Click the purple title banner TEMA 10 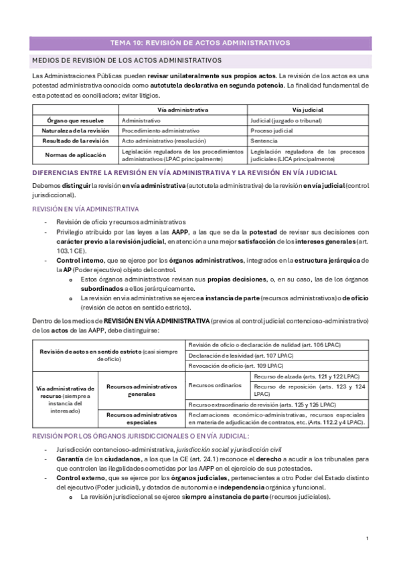click(x=200, y=42)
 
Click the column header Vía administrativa click(x=183, y=109)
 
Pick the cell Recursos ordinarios click(x=210, y=385)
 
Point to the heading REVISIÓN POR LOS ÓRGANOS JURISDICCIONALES click(x=141, y=435)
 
